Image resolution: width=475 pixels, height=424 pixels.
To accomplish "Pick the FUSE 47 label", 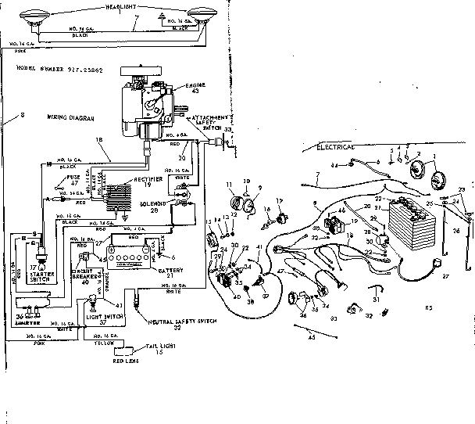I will point(74,182).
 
